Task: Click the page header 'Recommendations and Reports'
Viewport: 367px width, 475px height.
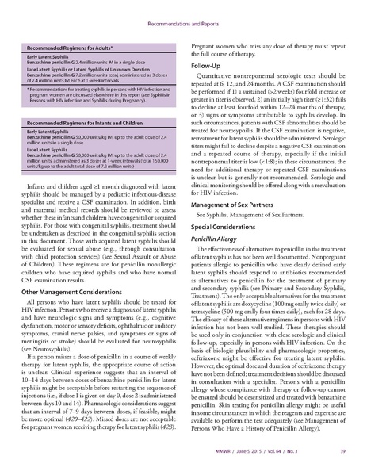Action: pos(183,15)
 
